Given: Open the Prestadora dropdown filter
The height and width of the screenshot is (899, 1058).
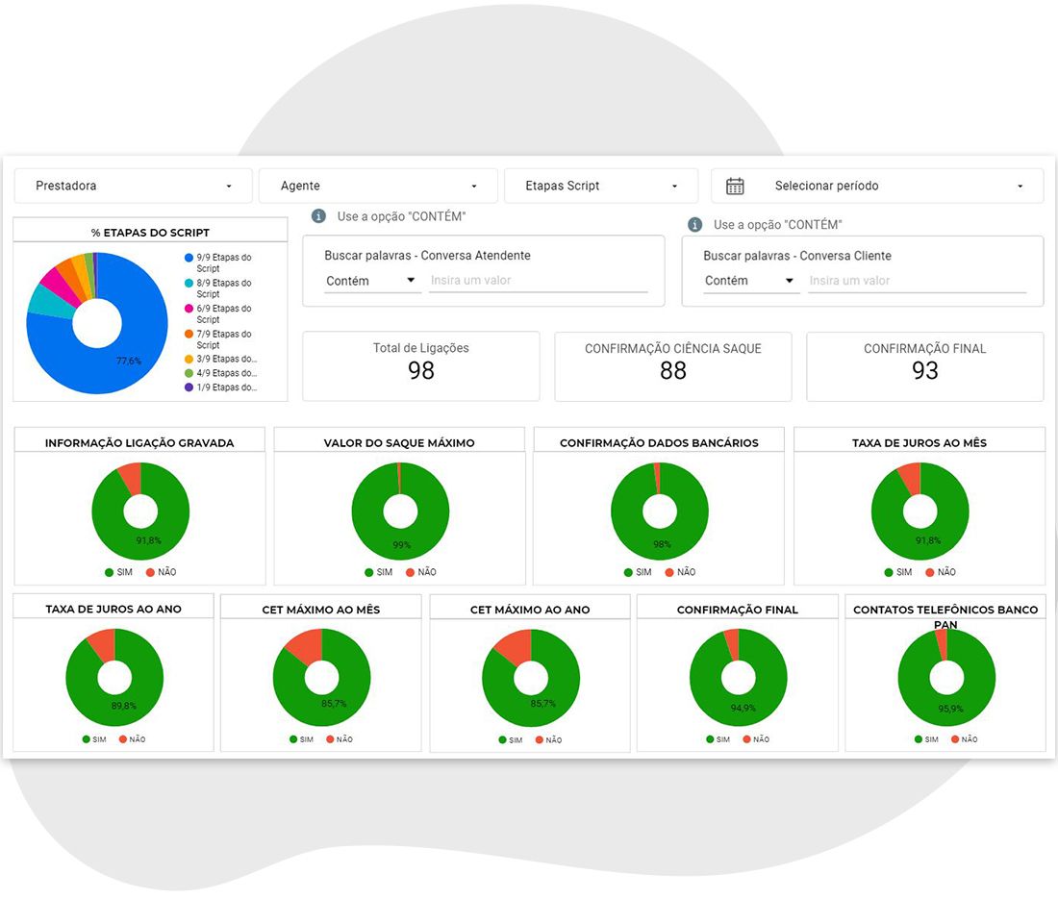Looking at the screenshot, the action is click(133, 186).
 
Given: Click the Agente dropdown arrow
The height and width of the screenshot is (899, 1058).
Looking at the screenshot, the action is click(473, 187).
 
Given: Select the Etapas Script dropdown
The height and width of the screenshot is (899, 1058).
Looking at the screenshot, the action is click(600, 186).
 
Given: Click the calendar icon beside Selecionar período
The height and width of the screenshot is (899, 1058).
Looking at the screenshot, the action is click(735, 187).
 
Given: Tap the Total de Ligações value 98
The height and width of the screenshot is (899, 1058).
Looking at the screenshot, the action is click(421, 370).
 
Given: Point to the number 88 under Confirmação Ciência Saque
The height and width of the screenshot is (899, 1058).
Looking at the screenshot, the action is click(672, 370).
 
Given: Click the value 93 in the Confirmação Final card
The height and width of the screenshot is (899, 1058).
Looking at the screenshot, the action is click(924, 370).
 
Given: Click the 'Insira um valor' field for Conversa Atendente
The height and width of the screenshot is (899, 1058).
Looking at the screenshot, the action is click(539, 281).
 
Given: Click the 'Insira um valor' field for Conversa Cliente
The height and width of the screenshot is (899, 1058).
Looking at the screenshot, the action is click(917, 281).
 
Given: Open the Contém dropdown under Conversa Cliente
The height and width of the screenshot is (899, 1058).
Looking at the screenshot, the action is click(749, 281).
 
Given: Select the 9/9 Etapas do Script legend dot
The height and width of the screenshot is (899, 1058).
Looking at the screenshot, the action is click(189, 258).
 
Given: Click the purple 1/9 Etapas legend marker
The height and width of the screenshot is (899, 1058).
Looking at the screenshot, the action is click(189, 387).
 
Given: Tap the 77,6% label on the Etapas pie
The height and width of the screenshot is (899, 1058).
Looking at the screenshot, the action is click(128, 361).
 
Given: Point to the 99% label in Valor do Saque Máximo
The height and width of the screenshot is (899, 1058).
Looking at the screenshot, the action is click(401, 545).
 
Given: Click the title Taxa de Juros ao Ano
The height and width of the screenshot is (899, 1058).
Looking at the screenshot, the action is click(113, 609).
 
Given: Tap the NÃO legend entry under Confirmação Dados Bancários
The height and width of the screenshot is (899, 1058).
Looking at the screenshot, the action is click(680, 572).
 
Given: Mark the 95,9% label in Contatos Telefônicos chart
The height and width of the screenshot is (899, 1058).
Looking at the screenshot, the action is click(950, 709).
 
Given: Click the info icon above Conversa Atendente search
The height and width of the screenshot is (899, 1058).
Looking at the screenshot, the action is click(318, 216).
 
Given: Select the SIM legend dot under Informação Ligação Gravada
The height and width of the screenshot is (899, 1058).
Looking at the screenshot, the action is click(109, 573).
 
